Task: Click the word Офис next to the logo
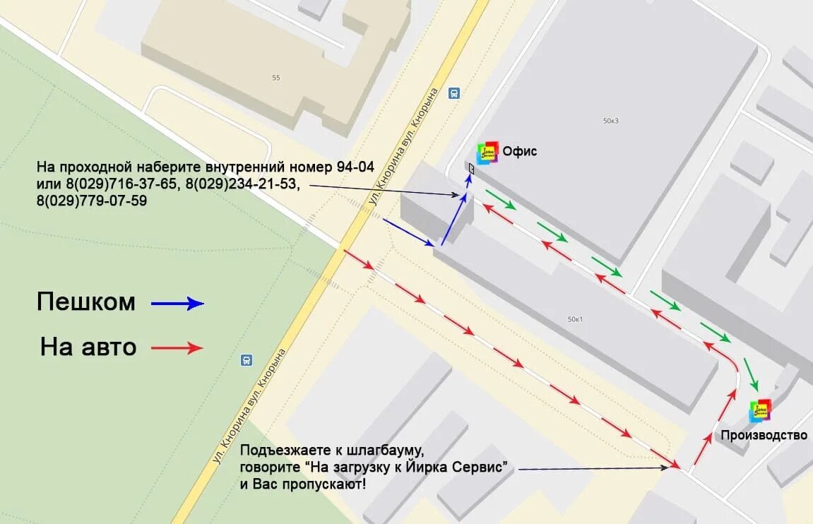click(x=520, y=151)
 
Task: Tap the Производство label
click(x=764, y=435)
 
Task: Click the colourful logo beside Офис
click(x=487, y=153)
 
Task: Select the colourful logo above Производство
click(x=760, y=410)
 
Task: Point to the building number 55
click(x=275, y=78)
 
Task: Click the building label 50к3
click(x=611, y=121)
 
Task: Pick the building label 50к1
click(x=575, y=319)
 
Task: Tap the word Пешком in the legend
click(x=85, y=302)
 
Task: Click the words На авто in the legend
click(x=88, y=347)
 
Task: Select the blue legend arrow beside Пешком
click(x=177, y=304)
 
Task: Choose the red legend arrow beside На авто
click(x=177, y=347)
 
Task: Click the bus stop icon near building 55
click(x=453, y=93)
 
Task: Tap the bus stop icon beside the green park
click(x=246, y=359)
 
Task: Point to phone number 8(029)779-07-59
click(x=92, y=201)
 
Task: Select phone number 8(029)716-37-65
click(x=121, y=184)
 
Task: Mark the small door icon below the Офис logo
click(x=471, y=168)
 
